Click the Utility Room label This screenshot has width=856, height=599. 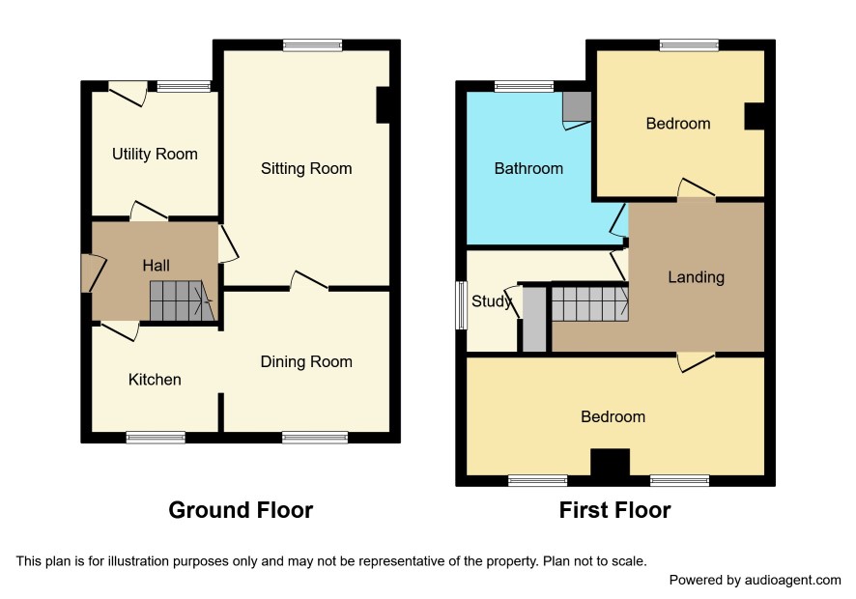155,155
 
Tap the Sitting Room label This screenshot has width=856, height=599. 306,169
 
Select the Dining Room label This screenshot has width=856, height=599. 306,362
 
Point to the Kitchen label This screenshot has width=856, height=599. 155,380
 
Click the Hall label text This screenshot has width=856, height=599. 156,266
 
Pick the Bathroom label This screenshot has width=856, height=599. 528,168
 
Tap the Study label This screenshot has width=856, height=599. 491,301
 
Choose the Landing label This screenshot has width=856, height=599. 696,277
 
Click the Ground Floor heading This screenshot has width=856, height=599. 241,510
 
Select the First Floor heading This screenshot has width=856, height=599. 614,510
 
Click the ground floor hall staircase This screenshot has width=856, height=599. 182,300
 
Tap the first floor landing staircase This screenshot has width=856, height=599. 590,303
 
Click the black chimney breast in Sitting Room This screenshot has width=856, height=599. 383,105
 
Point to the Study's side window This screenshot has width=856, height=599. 461,305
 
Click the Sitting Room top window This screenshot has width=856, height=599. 313,45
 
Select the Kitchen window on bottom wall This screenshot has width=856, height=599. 156,437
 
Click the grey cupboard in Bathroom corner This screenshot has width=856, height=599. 577,106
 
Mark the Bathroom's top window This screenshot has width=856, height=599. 524,86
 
